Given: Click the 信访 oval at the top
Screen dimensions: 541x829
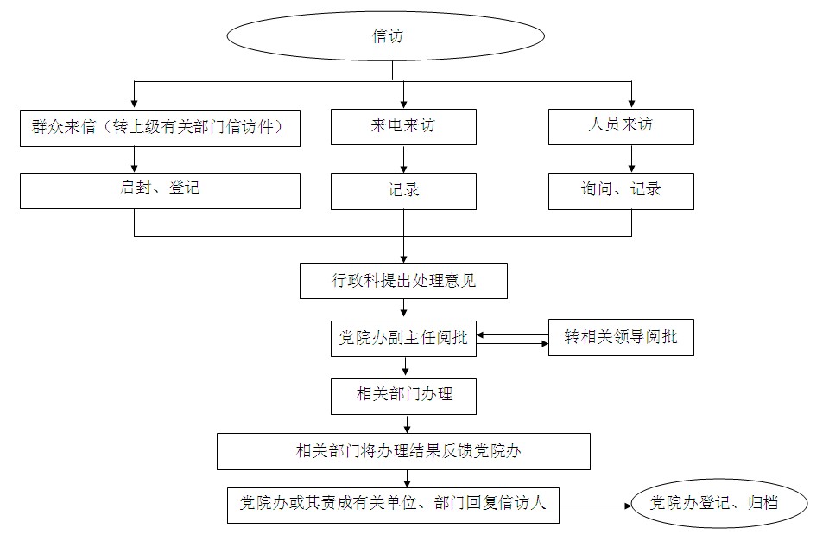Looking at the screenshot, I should pyautogui.click(x=385, y=35).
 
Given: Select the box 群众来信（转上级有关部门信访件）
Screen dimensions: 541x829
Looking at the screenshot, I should pyautogui.click(x=161, y=128).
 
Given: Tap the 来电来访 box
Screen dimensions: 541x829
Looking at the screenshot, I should pyautogui.click(x=403, y=126).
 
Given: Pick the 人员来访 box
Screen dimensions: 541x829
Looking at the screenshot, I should pyautogui.click(x=621, y=126).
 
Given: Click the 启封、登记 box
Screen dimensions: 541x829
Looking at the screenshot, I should pyautogui.click(x=161, y=190).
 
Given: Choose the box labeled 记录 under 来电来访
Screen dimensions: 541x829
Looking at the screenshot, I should pyautogui.click(x=403, y=191).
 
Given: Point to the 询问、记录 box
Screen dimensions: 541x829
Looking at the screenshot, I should pyautogui.click(x=621, y=191).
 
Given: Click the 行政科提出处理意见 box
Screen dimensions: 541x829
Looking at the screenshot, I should pyautogui.click(x=403, y=281).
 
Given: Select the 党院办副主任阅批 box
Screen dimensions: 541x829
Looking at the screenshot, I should pyautogui.click(x=403, y=338).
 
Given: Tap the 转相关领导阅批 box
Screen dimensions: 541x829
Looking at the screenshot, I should pyautogui.click(x=621, y=338).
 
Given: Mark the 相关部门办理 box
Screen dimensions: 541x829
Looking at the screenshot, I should pyautogui.click(x=403, y=396).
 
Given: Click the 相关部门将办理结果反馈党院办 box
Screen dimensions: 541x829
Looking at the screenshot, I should pyautogui.click(x=403, y=451).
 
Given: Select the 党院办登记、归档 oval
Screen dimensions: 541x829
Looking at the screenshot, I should pyautogui.click(x=718, y=504).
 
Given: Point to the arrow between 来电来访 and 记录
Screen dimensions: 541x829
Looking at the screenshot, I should pyautogui.click(x=404, y=159).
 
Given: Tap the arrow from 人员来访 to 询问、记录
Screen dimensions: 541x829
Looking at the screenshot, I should pyautogui.click(x=632, y=158).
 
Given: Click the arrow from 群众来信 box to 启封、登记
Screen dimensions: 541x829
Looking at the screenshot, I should pyautogui.click(x=135, y=159).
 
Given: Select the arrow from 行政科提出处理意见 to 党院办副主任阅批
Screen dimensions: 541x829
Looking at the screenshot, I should pyautogui.click(x=404, y=309).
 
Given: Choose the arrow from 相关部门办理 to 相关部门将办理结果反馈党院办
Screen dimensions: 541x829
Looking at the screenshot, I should pyautogui.click(x=407, y=423).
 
